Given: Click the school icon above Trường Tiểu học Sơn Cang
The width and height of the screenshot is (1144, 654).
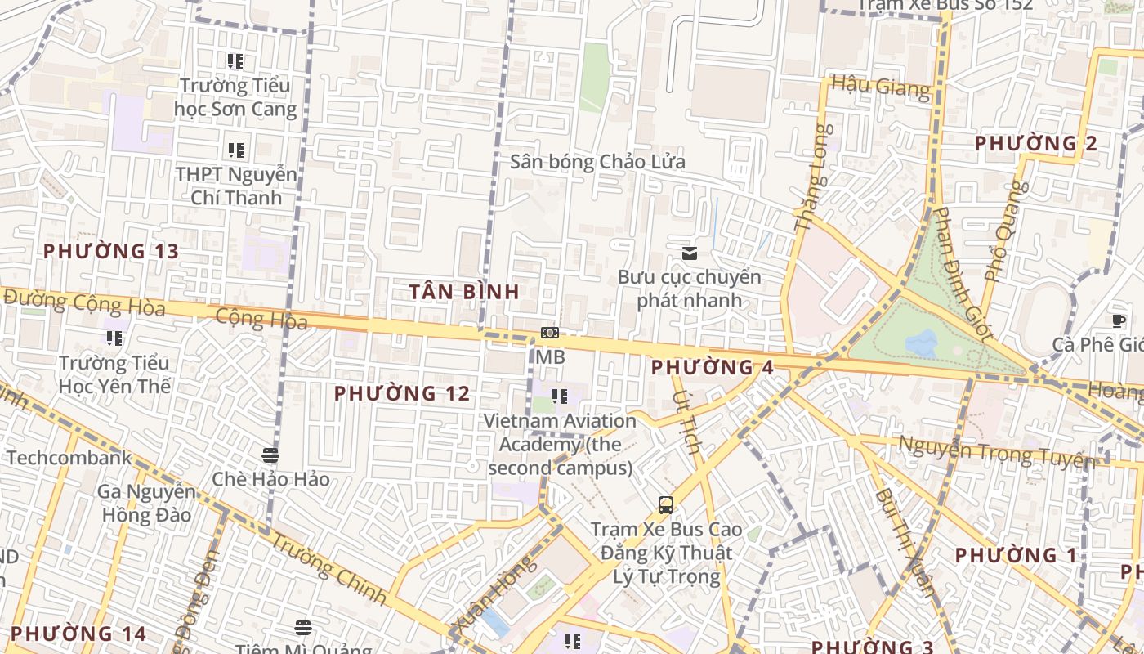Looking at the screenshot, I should [x=235, y=61].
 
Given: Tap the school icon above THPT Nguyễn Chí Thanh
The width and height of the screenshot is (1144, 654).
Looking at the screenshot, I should [x=235, y=150].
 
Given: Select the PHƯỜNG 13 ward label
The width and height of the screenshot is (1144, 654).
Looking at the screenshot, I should [x=110, y=252].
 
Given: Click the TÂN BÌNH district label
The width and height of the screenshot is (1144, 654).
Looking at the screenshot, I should [x=464, y=291].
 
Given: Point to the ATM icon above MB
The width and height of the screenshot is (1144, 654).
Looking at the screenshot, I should [x=550, y=333].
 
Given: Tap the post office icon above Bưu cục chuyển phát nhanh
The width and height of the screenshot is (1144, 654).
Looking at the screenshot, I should [x=690, y=253].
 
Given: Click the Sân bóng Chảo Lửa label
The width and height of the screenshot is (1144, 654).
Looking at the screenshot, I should [x=597, y=161].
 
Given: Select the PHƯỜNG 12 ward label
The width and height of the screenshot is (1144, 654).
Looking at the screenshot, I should [x=402, y=394].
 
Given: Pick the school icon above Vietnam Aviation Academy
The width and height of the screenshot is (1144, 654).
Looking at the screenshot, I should [x=559, y=397].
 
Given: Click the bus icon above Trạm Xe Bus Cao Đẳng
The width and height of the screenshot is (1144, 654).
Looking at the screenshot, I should [x=666, y=505].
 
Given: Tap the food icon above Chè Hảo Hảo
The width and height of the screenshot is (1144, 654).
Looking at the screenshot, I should [x=270, y=455].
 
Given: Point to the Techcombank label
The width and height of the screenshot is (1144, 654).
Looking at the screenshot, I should [x=69, y=458].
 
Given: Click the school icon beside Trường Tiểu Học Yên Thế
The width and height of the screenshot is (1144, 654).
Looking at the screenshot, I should [x=114, y=338].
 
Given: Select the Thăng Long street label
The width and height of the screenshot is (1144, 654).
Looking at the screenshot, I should [x=814, y=177].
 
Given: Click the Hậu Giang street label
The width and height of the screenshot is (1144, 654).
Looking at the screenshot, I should [x=880, y=86].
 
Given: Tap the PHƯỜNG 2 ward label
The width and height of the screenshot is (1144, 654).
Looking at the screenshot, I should [x=1035, y=144].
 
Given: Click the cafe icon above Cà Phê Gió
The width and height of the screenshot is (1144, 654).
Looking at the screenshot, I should [x=1119, y=321].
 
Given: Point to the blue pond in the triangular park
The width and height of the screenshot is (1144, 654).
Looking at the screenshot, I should [x=922, y=343].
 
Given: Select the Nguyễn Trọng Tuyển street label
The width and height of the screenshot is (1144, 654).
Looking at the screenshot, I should [x=996, y=452].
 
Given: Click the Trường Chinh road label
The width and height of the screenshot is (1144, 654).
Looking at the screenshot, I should [x=328, y=568].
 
